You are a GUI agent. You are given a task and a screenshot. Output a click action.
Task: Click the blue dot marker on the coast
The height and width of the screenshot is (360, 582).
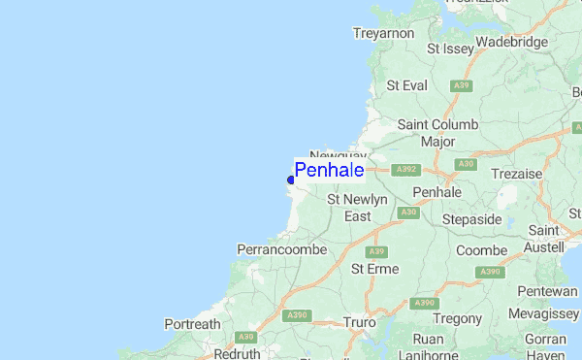click(x=291, y=180)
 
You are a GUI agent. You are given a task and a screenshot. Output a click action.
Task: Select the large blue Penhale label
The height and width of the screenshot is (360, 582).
click(x=330, y=171)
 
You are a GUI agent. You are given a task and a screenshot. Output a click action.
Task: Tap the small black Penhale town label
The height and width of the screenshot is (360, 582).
click(x=436, y=192)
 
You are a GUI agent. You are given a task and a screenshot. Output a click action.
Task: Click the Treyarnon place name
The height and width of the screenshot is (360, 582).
click(x=383, y=33)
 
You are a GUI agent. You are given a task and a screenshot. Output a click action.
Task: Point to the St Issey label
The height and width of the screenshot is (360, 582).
click(x=451, y=48)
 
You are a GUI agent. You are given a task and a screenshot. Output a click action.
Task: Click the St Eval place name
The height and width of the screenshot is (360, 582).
click(x=406, y=85)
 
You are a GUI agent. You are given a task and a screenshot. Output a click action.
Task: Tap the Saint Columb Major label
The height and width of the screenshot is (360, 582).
click(x=438, y=133)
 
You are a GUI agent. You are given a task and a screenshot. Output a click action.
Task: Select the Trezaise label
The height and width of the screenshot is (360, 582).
click(x=516, y=173)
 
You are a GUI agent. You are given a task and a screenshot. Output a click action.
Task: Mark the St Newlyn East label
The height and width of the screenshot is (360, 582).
click(x=358, y=208)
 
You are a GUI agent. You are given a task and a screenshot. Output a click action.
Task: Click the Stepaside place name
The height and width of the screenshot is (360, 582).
click(x=471, y=219)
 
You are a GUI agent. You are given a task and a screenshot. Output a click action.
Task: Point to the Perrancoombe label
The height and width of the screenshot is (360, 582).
click(x=281, y=249)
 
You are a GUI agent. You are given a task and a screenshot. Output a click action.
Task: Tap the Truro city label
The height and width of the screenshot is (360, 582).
click(x=359, y=322)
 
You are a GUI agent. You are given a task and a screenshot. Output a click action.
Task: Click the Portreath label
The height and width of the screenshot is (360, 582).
click(x=192, y=324)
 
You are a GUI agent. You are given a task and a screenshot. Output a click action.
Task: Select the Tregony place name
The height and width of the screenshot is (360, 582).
click(x=458, y=318)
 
